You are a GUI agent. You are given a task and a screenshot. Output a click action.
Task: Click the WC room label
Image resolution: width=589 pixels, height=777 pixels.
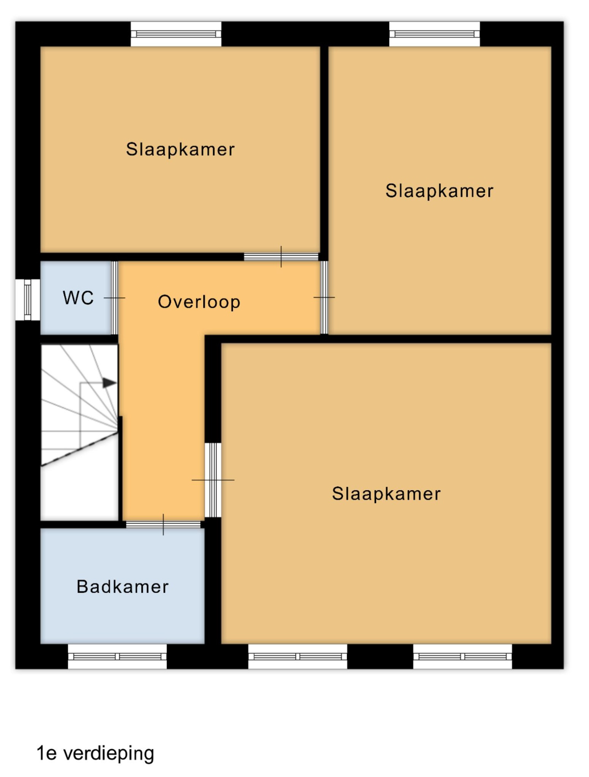click(x=78, y=298)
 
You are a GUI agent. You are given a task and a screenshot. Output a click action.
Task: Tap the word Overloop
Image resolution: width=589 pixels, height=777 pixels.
click(x=199, y=302)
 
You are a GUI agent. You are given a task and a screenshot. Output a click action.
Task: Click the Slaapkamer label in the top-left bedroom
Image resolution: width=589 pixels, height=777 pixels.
click(x=180, y=149)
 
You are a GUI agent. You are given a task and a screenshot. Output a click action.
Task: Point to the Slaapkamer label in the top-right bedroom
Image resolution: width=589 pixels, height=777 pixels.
click(x=439, y=191)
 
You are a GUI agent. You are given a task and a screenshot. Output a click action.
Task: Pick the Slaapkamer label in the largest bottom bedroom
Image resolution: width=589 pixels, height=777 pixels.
click(x=386, y=494)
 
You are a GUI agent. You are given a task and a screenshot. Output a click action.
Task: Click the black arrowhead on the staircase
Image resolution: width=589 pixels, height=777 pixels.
click(x=109, y=383)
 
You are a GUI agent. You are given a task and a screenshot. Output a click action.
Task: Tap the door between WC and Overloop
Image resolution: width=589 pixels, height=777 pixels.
click(x=115, y=298)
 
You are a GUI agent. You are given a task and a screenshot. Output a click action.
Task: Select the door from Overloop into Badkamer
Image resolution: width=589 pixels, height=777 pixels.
click(x=163, y=525)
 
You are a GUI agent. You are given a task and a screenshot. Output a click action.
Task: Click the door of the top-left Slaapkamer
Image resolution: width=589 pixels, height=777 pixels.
click(x=281, y=257)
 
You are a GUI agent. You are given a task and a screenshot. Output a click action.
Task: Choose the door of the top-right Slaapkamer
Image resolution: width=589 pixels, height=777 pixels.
click(x=324, y=297)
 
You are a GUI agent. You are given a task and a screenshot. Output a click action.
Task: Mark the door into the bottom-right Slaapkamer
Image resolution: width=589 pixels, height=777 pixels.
click(x=213, y=480)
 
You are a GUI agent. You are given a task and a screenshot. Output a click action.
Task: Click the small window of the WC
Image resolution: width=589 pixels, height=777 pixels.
click(x=28, y=299)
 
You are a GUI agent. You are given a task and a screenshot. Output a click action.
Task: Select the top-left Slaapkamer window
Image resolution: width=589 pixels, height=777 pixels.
click(x=176, y=34)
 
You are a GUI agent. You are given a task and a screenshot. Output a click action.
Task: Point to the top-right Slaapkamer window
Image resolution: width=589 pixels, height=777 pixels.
click(x=435, y=34)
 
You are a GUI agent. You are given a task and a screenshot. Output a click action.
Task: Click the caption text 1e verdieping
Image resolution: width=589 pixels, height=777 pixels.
click(x=95, y=753)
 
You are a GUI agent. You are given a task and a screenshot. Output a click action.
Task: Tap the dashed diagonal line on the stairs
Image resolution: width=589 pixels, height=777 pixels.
click(x=80, y=449)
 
